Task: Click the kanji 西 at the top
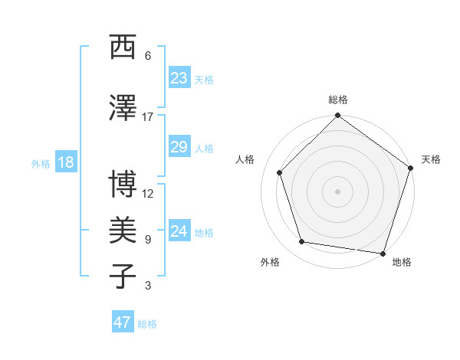pos(123,47)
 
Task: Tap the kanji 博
pos(123,185)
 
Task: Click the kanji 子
pos(123,276)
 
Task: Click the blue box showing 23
pos(179,78)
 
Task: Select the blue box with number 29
pos(179,147)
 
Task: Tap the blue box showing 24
pos(179,231)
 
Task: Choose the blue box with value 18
pos(65,162)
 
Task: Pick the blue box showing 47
pos(123,322)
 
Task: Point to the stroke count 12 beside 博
pos(148,194)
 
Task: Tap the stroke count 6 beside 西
pos(147,56)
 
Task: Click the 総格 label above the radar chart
pos(337,100)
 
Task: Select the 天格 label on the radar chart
pos(431,159)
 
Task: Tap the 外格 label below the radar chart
pos(270,262)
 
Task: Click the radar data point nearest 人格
pos(280,172)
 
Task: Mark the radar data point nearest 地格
pos(383,253)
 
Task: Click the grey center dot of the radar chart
pos(337,191)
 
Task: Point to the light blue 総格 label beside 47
pos(147,324)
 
